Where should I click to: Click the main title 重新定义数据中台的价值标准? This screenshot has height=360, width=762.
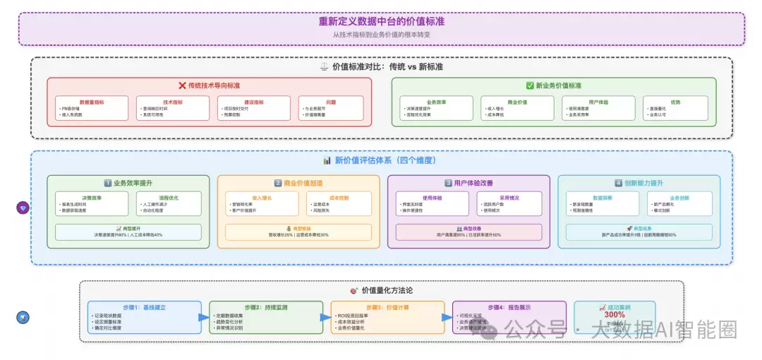click(381, 21)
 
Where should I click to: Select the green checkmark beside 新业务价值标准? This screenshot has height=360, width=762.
click(530, 85)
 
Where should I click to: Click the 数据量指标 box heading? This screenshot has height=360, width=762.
click(92, 102)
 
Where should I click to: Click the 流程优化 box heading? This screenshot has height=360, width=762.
click(168, 198)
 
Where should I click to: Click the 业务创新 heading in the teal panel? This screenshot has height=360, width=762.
click(679, 198)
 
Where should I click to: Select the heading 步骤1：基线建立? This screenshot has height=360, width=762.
click(145, 308)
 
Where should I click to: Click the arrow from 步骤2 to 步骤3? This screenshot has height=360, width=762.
click(325, 318)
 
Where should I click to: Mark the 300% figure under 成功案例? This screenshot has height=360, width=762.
click(614, 315)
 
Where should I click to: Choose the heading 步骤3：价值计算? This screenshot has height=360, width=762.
click(388, 308)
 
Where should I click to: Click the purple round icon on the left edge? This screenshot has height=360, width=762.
click(22, 208)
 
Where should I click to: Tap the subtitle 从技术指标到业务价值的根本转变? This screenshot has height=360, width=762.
click(381, 34)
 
